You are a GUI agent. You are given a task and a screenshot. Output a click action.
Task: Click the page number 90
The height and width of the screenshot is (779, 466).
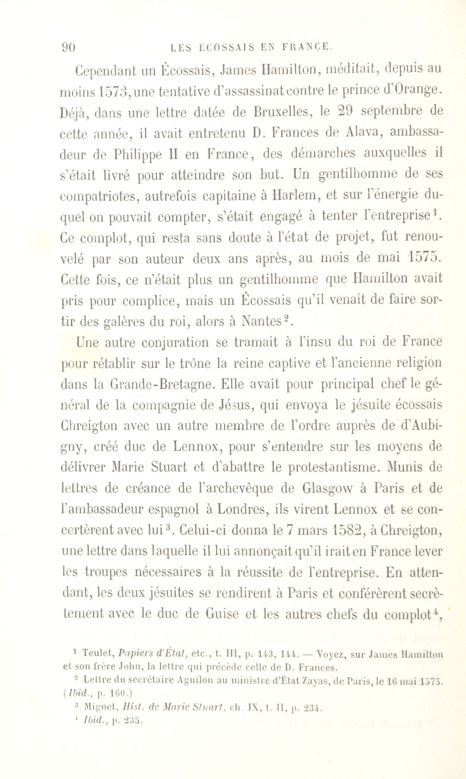point(69,48)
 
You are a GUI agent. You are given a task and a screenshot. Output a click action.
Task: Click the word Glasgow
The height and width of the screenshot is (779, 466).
point(328,488)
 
